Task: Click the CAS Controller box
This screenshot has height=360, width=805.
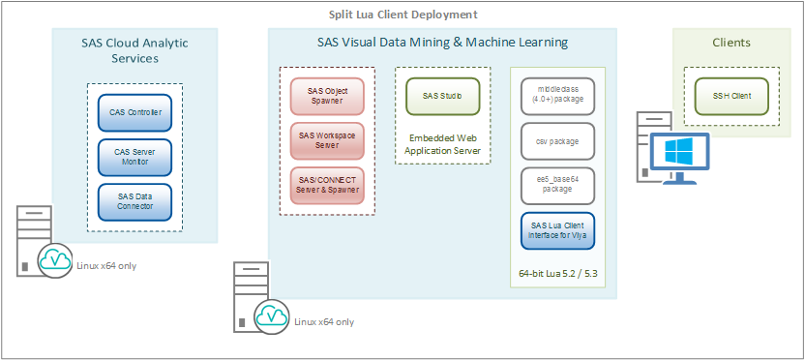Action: pyautogui.click(x=134, y=112)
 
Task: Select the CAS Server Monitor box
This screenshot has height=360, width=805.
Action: pyautogui.click(x=134, y=157)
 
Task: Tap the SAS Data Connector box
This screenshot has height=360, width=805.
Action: pyautogui.click(x=134, y=202)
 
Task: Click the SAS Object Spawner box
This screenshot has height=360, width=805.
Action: pyautogui.click(x=327, y=96)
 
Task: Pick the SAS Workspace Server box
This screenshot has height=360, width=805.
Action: pyautogui.click(x=327, y=140)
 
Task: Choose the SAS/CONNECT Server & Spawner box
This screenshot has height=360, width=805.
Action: pyautogui.click(x=327, y=185)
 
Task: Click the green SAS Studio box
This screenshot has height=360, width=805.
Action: pyautogui.click(x=442, y=96)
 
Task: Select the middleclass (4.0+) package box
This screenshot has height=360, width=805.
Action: pyautogui.click(x=558, y=97)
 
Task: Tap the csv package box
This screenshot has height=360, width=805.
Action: pyautogui.click(x=558, y=141)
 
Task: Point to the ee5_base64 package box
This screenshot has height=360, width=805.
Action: pyautogui.click(x=558, y=185)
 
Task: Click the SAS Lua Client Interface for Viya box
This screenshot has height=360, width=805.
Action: pyautogui.click(x=558, y=230)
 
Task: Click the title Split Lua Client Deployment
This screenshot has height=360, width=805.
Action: pyautogui.click(x=402, y=15)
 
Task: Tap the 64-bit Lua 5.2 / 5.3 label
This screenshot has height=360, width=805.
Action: pyautogui.click(x=558, y=274)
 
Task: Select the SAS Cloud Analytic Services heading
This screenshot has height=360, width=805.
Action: pyautogui.click(x=134, y=50)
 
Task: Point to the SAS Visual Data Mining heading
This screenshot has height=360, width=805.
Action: pyautogui.click(x=442, y=43)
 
